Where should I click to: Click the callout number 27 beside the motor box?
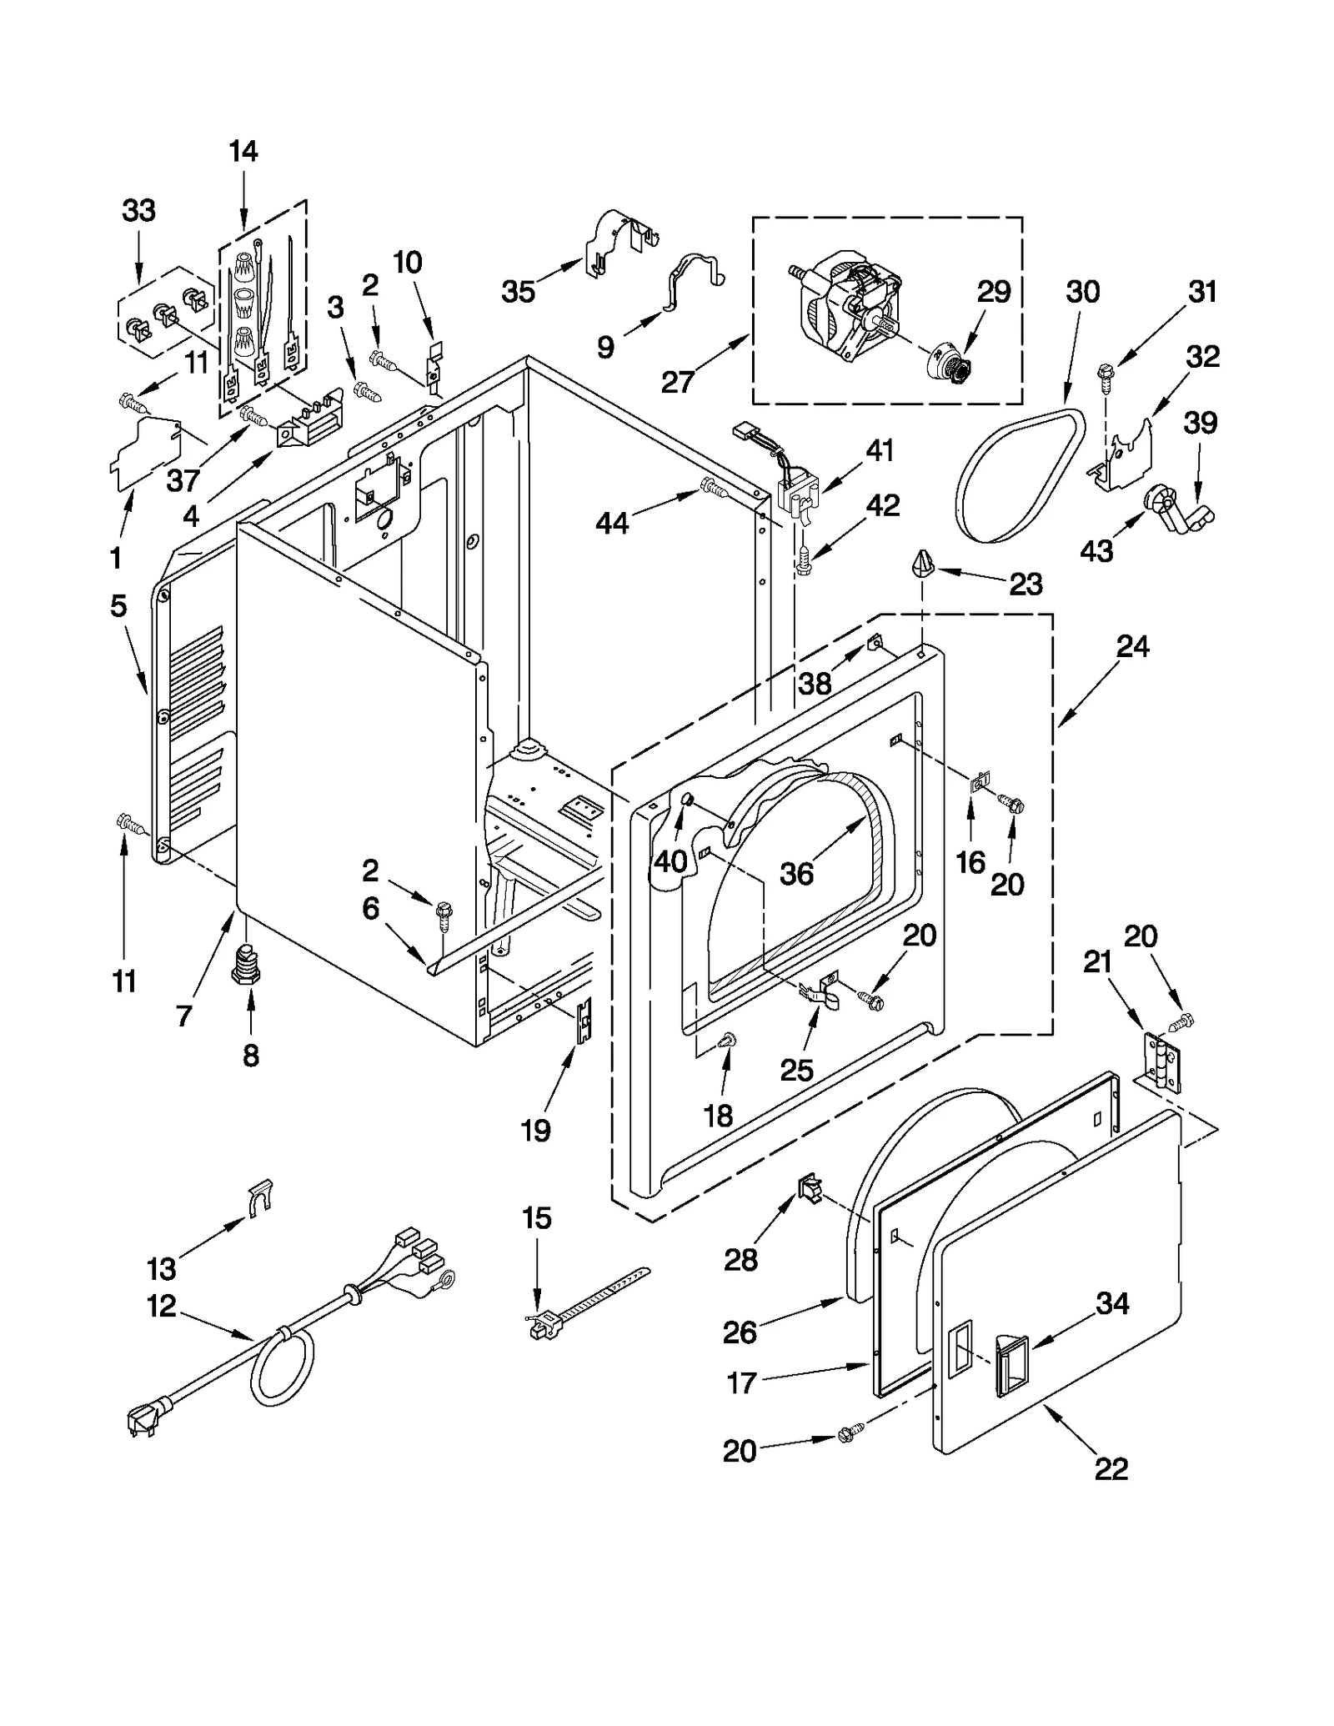coord(678,382)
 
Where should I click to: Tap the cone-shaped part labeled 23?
coord(923,564)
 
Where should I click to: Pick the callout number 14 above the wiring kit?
coord(243,152)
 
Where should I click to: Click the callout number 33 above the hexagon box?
coord(138,211)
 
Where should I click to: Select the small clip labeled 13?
coord(260,1197)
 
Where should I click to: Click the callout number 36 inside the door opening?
coord(796,873)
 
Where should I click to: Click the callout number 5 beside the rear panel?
coord(118,606)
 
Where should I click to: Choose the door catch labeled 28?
coord(810,1188)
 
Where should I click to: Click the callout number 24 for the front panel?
coord(1132,646)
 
